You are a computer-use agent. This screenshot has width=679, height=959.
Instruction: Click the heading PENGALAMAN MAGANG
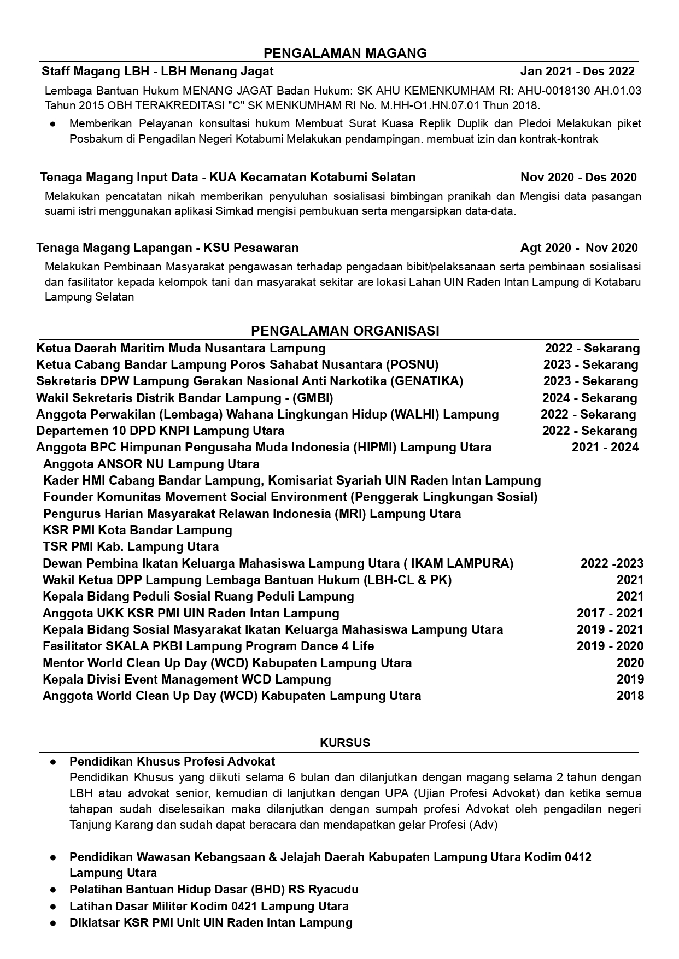(345, 53)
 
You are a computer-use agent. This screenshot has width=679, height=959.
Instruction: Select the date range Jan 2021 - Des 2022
(577, 71)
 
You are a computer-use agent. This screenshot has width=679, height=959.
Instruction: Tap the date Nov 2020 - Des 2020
(578, 177)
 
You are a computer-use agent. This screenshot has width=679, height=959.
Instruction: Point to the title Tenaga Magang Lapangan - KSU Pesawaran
(167, 248)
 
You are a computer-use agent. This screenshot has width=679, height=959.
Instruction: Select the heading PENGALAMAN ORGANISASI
(345, 331)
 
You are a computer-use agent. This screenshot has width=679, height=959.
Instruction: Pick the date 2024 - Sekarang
(589, 398)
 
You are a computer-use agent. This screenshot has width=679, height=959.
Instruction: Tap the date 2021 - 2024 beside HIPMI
(605, 448)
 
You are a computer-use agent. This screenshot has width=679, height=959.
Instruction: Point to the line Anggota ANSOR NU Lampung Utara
(151, 464)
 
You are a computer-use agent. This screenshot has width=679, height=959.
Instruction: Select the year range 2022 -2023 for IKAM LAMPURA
(612, 563)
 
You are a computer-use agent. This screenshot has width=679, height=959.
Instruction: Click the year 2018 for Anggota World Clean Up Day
(630, 696)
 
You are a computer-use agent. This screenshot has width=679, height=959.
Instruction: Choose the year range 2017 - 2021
(610, 613)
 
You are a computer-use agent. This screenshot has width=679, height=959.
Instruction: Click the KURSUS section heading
(345, 743)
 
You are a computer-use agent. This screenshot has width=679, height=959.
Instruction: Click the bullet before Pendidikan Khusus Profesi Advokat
(53, 762)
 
